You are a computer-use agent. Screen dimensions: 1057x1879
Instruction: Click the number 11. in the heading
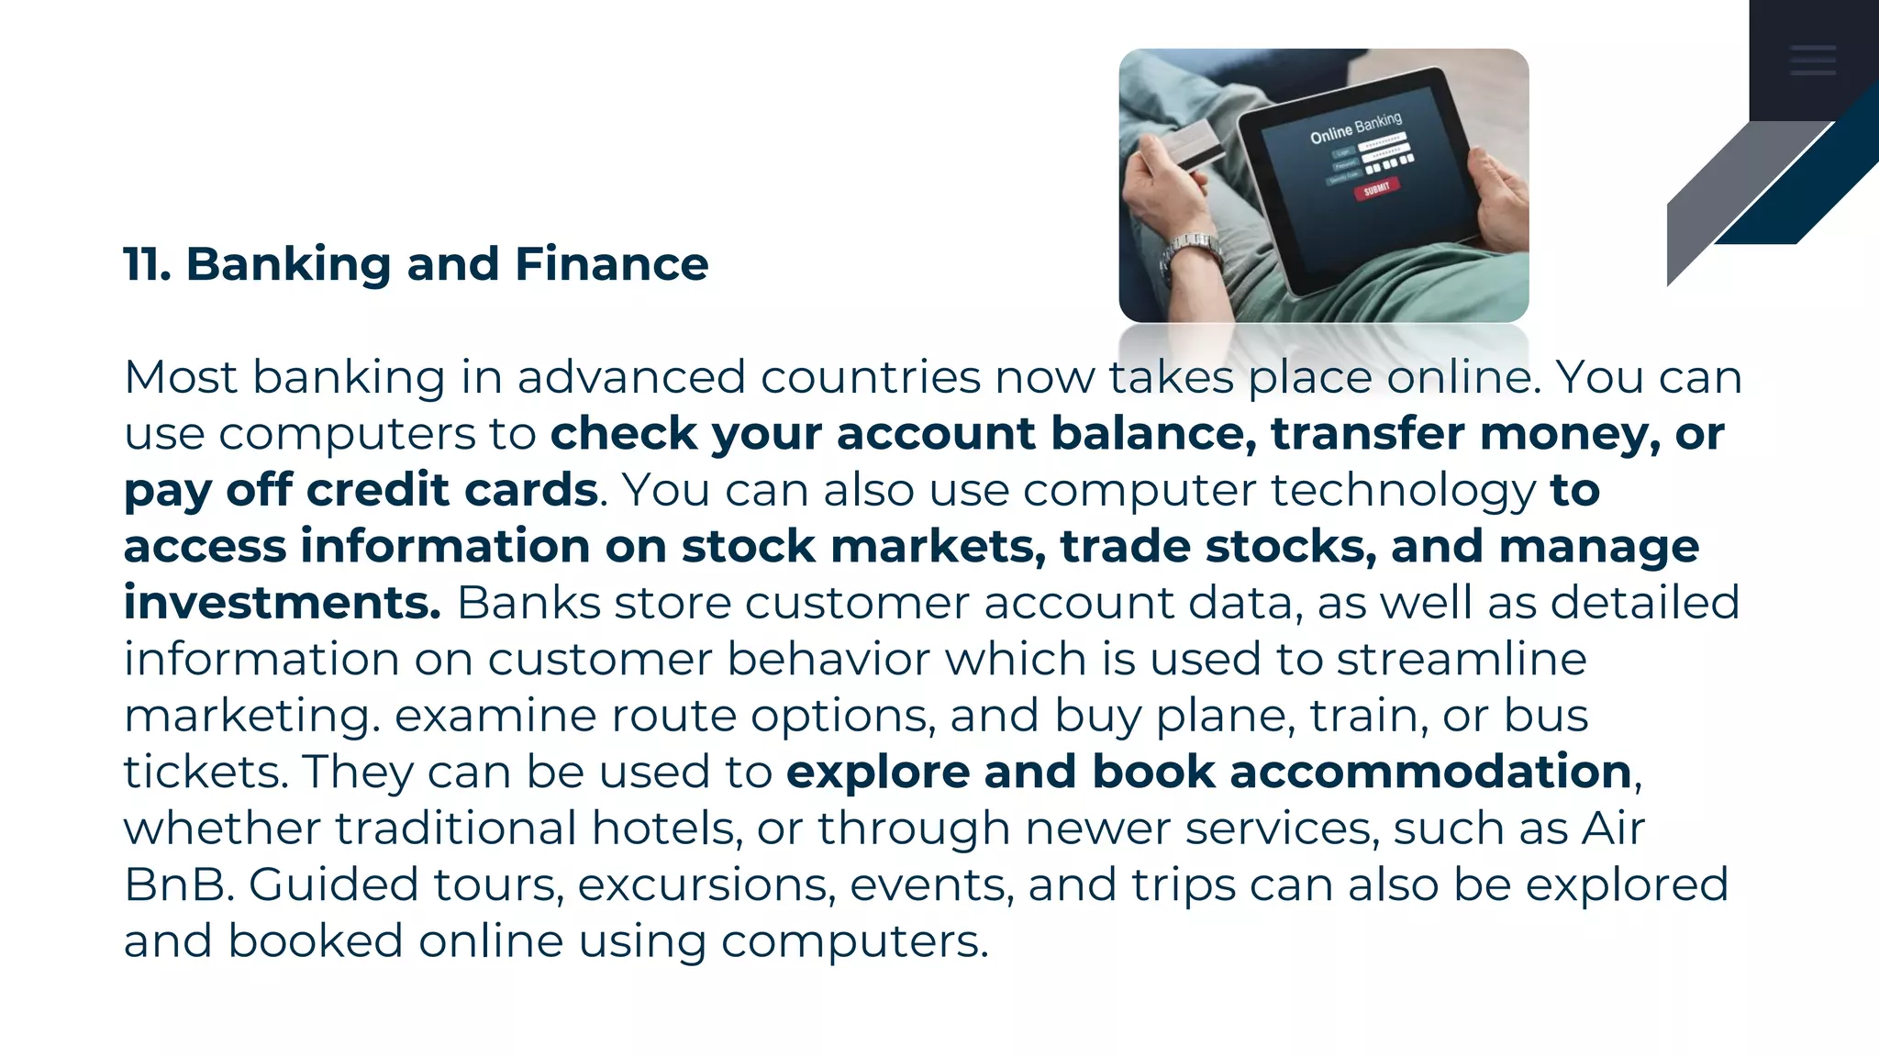(147, 264)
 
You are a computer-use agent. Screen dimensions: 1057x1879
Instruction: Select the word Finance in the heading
(611, 264)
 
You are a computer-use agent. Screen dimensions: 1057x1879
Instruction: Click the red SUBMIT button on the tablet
(1376, 189)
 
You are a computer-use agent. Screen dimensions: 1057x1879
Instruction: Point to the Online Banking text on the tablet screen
(1355, 128)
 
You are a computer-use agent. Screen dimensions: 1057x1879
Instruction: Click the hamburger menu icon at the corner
(1812, 60)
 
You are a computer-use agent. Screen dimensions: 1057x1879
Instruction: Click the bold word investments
(283, 603)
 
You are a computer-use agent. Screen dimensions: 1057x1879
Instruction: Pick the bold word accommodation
(1430, 772)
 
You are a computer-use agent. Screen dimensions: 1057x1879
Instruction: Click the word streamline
(1462, 659)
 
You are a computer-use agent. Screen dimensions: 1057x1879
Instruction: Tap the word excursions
(706, 885)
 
